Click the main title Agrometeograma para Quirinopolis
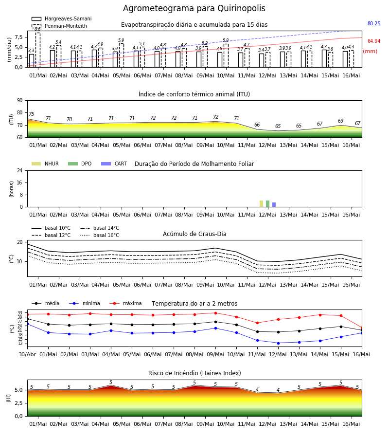click(194, 8)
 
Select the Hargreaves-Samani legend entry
click(61, 18)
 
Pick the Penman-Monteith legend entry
click(59, 26)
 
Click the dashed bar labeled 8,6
click(37, 50)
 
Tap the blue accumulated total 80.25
click(374, 23)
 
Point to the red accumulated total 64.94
click(374, 41)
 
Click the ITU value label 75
click(31, 114)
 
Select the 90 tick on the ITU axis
click(20, 101)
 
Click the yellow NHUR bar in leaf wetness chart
click(261, 203)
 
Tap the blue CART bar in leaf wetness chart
click(274, 205)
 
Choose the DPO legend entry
click(80, 164)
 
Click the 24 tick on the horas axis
click(20, 170)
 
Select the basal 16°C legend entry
click(100, 235)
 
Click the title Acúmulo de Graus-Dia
click(194, 234)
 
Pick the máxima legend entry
click(125, 303)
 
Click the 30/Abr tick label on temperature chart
click(27, 354)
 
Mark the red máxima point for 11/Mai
click(257, 323)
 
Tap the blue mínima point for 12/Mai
click(278, 343)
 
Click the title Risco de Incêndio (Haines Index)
click(194, 373)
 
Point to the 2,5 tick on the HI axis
click(19, 403)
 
